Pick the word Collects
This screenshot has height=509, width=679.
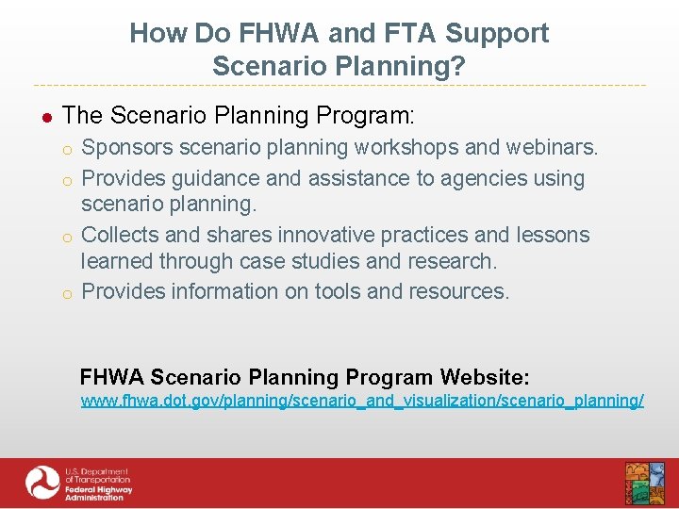tap(120, 235)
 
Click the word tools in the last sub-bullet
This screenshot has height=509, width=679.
tap(336, 291)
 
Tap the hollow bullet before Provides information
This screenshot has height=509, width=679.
tap(68, 293)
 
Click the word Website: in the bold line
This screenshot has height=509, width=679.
tap(485, 377)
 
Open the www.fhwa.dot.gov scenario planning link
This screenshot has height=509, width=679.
tap(362, 401)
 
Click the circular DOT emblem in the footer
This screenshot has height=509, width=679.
tap(42, 484)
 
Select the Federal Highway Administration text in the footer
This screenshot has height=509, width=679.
tap(98, 491)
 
